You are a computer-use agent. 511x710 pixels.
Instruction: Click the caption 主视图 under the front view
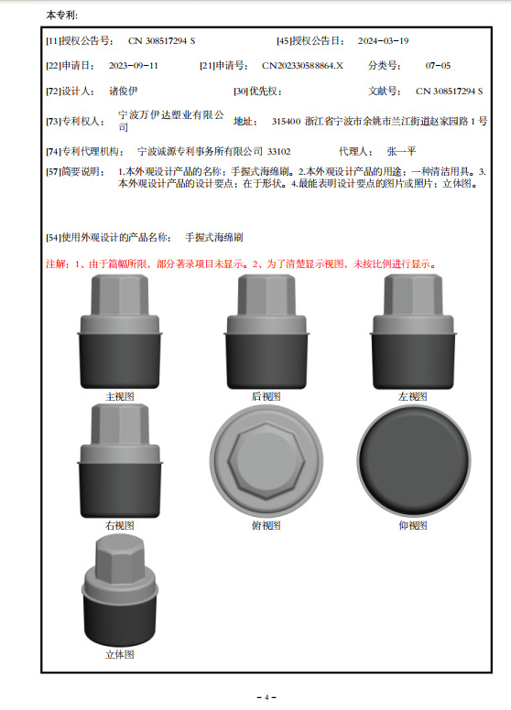coord(120,397)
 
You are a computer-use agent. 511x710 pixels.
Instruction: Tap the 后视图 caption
coord(266,397)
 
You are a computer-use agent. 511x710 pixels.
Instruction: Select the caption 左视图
coord(413,397)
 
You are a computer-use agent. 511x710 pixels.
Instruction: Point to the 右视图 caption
coord(120,526)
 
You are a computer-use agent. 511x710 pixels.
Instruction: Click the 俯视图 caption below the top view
coord(266,526)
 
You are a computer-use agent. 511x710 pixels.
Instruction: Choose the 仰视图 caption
coord(413,526)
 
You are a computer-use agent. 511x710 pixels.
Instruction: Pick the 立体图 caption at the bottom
coord(120,655)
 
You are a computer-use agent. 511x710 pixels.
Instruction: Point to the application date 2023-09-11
coord(134,66)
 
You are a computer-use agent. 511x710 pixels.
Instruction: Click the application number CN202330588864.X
coord(303,66)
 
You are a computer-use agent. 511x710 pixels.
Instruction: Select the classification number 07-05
coord(438,66)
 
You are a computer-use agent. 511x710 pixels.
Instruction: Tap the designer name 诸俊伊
coord(124,91)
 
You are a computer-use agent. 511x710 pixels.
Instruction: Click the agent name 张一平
coord(401,151)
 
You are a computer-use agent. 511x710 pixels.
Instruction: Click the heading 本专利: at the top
coord(61,16)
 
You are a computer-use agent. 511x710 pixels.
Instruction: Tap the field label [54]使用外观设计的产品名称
coord(108,238)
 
